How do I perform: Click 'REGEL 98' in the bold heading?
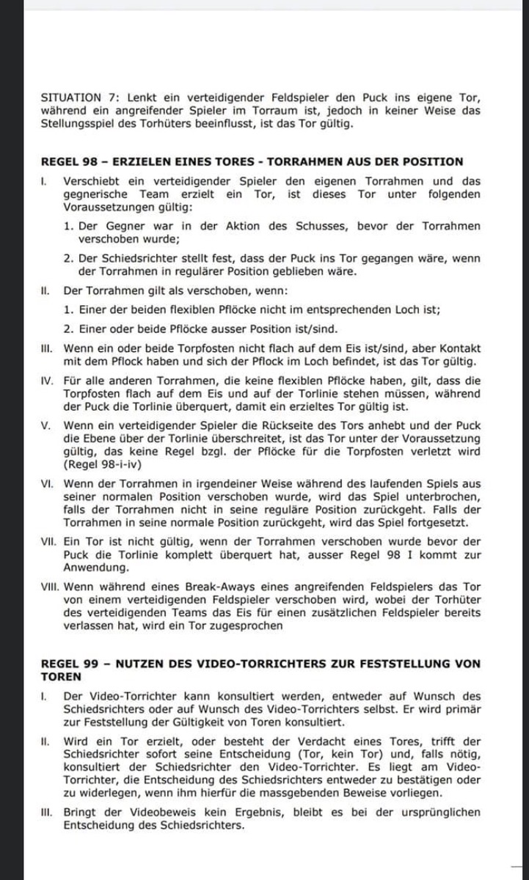click(x=66, y=161)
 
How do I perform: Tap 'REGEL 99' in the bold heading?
click(x=66, y=664)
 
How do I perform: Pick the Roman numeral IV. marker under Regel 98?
click(x=47, y=381)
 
